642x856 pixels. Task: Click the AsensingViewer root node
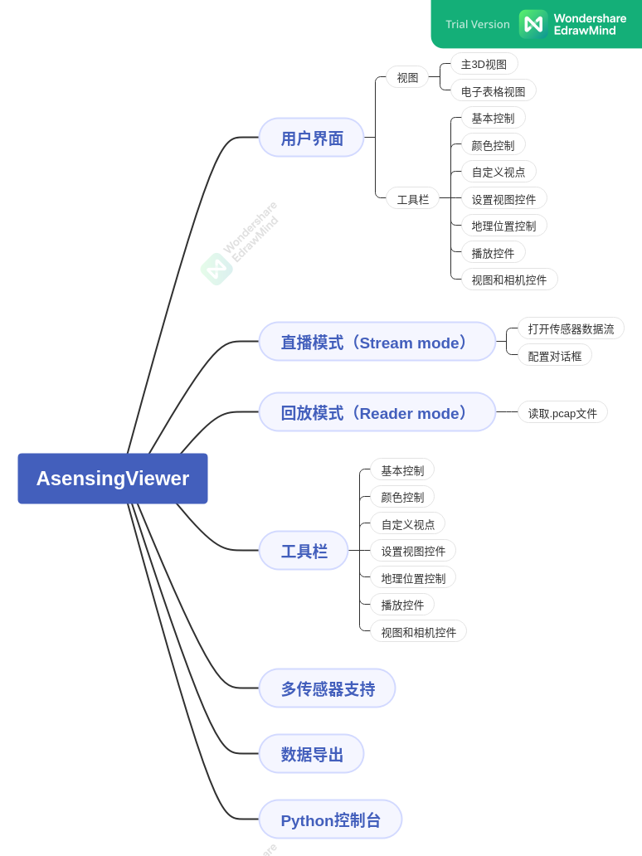coord(113,479)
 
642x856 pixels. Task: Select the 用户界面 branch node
coord(311,138)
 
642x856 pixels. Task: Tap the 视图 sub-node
coord(407,77)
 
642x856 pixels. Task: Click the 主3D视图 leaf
coord(484,64)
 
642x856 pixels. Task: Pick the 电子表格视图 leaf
coord(493,91)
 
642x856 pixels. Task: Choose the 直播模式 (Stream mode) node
coord(377,342)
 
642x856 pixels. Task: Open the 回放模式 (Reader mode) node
coord(377,412)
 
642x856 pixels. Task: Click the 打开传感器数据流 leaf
coord(571,328)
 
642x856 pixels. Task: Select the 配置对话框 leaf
coord(554,356)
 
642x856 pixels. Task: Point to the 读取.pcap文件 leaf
coord(562,413)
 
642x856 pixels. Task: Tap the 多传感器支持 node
coord(327,688)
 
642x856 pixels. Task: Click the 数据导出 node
coord(311,754)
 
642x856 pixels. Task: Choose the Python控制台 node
coord(330,820)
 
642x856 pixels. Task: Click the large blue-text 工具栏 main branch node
coord(304,551)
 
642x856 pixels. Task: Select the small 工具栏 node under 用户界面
coord(412,199)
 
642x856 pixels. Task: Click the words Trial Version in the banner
coord(478,24)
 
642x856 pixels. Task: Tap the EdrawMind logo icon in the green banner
coord(533,24)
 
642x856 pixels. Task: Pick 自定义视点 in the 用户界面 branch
coord(498,172)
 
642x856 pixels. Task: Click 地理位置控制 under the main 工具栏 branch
coord(413,578)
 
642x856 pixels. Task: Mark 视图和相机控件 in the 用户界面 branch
coord(508,280)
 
